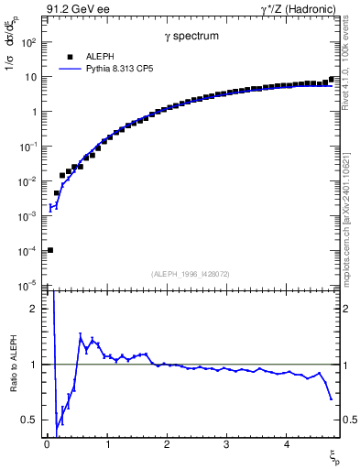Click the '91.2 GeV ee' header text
tap(71, 8)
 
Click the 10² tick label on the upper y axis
tap(29, 43)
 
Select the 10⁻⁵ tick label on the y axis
tap(29, 286)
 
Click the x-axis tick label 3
tap(226, 444)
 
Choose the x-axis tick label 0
tap(47, 444)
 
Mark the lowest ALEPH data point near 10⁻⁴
tap(49, 250)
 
